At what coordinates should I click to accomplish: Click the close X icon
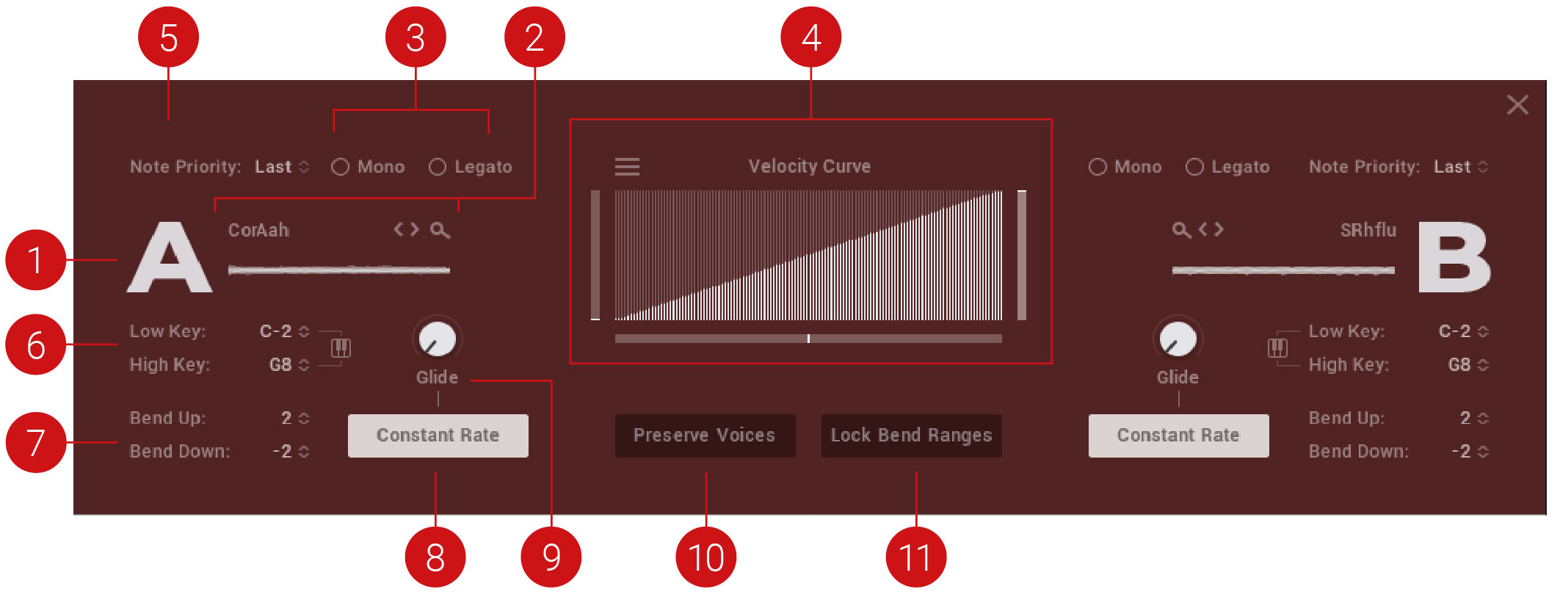point(1517,104)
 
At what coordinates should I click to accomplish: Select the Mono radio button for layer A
point(340,167)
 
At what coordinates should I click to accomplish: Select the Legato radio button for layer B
point(1194,167)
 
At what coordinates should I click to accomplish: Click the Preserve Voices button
point(705,436)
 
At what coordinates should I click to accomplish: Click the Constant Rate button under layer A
point(438,436)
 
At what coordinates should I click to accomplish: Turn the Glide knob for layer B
point(1178,339)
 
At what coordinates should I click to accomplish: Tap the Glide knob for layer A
point(437,339)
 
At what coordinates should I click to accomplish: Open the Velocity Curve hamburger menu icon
point(627,167)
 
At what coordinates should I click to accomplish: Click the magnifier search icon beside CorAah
point(440,231)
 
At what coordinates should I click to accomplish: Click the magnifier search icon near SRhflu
point(1181,231)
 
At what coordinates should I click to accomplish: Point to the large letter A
point(170,258)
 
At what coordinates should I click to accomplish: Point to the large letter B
point(1454,258)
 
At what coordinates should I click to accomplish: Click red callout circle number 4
point(810,37)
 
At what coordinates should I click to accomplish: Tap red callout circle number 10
point(705,557)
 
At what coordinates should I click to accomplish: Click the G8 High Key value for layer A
point(280,365)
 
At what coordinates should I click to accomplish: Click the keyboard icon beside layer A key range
point(341,347)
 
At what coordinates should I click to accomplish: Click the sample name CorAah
point(258,231)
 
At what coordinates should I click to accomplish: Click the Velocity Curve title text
point(810,167)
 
